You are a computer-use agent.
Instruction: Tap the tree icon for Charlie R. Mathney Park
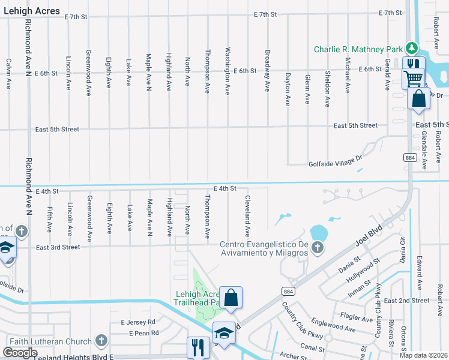[x=411, y=48]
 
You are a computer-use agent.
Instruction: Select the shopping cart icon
[x=412, y=78]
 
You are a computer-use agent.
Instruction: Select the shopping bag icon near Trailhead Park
[x=231, y=297]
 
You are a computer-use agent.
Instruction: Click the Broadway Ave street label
[x=267, y=70]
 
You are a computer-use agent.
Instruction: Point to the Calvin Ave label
[x=9, y=74]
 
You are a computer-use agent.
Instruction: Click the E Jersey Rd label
[x=139, y=322]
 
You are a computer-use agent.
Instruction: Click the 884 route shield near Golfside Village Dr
[x=409, y=157]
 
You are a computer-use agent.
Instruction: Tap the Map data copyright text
[x=424, y=355]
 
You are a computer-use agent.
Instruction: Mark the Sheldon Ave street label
[x=327, y=89]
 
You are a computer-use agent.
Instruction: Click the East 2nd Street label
[x=406, y=300]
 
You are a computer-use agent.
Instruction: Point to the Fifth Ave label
[x=50, y=220]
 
